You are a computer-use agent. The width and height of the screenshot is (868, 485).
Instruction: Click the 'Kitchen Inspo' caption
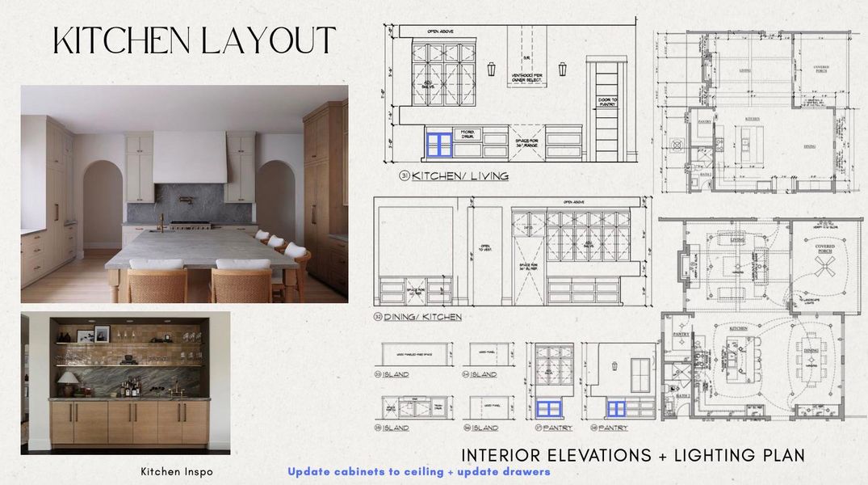click(x=177, y=471)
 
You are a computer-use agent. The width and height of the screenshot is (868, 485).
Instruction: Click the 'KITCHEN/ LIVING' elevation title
click(x=460, y=175)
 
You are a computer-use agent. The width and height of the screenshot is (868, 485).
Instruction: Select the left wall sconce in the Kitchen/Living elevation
click(x=491, y=69)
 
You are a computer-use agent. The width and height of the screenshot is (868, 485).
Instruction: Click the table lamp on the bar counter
click(x=69, y=381)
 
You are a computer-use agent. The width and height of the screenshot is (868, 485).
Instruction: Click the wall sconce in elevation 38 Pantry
click(x=614, y=365)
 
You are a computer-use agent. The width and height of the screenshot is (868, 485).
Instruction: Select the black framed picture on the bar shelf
click(x=102, y=334)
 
